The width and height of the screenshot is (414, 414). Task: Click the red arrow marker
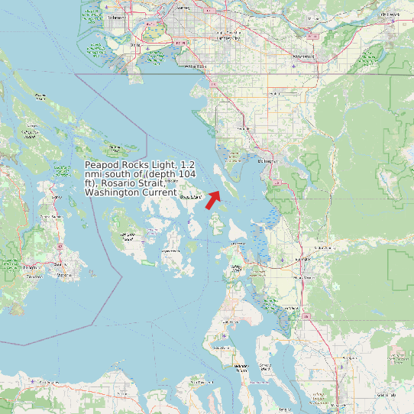[212, 200]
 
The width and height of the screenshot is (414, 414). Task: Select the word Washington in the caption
[109, 192]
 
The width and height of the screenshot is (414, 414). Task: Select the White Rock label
[196, 66]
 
